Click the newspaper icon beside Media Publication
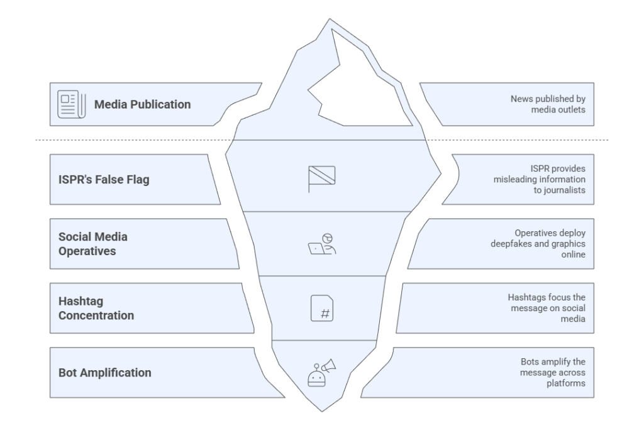pyautogui.click(x=69, y=104)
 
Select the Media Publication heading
pyautogui.click(x=142, y=104)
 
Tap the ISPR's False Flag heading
pyautogui.click(x=104, y=180)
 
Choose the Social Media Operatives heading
pyautogui.click(x=92, y=243)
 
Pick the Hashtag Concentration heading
pyautogui.click(x=96, y=308)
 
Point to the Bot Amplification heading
pyautogui.click(x=105, y=372)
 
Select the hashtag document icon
pyautogui.click(x=321, y=308)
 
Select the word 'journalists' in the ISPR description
pyautogui.click(x=570, y=190)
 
